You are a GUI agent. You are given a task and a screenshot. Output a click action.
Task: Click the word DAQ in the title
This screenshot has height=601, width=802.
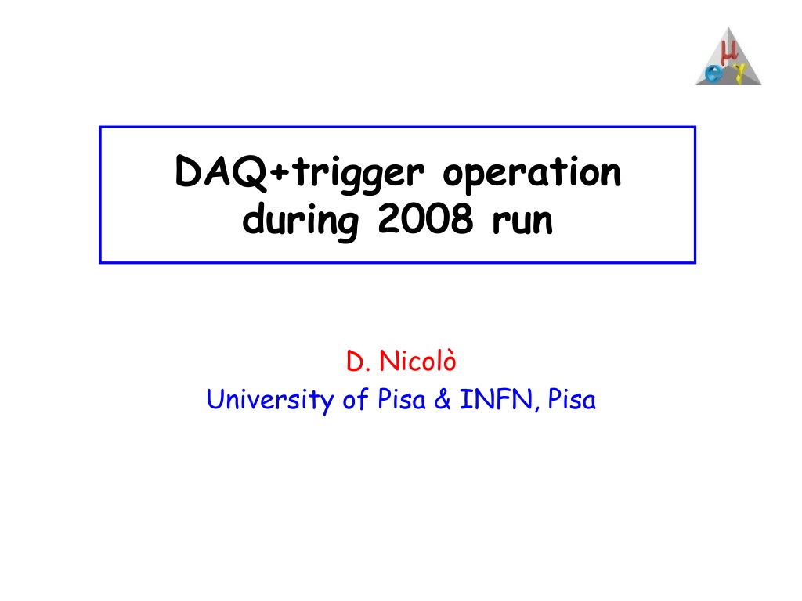(221, 172)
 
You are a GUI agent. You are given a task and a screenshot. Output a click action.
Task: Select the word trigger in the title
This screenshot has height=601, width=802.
(359, 175)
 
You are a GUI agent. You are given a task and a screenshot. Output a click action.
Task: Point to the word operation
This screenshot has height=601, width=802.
(532, 175)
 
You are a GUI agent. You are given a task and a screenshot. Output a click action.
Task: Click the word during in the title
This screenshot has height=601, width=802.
(301, 220)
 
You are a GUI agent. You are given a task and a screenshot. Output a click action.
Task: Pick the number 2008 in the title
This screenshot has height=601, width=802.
(425, 219)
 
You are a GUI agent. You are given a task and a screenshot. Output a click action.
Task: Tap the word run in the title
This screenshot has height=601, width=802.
(522, 222)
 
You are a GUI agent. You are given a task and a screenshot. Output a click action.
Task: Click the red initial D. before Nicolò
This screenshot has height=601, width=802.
(358, 362)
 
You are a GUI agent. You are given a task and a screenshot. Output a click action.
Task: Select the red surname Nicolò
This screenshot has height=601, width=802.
(417, 360)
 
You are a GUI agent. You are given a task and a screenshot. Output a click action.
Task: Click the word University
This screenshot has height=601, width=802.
(270, 400)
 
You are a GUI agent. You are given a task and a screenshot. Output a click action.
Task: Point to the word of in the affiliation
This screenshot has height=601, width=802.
(356, 398)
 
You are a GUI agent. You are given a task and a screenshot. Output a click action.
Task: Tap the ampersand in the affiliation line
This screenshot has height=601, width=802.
(443, 398)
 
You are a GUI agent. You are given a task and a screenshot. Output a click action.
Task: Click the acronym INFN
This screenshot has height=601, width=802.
(496, 399)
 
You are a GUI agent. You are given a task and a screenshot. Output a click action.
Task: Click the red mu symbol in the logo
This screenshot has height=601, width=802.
(728, 52)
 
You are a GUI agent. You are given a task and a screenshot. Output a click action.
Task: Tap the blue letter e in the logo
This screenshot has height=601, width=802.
(714, 74)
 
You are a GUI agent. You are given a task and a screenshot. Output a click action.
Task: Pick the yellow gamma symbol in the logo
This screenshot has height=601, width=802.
(739, 72)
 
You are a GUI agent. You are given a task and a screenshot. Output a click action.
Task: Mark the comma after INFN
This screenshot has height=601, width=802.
(537, 408)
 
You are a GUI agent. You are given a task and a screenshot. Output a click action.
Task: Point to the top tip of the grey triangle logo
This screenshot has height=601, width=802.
(729, 27)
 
